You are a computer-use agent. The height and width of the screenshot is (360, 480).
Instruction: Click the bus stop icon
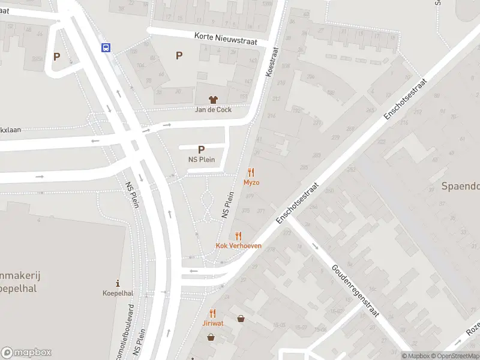pos(106,48)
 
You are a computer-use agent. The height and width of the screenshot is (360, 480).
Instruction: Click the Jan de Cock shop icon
pos(212,100)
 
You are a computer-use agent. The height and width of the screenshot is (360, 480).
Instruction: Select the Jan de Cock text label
pos(213,110)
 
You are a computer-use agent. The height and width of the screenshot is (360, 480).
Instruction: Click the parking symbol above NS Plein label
pos(201,149)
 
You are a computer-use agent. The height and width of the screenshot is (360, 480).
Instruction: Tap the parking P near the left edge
pos(57,57)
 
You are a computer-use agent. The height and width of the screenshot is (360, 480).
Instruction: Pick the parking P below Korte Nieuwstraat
pos(179,56)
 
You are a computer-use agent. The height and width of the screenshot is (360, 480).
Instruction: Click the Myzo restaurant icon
pos(251,172)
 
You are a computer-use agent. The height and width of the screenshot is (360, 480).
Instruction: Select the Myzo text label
pos(251,182)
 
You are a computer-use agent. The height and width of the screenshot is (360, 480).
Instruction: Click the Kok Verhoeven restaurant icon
pos(238,236)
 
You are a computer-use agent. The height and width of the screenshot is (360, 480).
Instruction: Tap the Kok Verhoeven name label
pos(238,246)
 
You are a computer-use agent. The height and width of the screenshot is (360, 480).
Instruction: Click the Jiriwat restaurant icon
pos(212,313)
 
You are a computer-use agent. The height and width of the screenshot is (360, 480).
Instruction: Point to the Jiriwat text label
pos(212,323)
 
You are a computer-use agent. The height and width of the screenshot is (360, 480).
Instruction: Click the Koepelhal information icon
pos(118,283)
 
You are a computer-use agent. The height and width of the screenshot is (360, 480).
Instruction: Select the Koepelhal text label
pos(118,293)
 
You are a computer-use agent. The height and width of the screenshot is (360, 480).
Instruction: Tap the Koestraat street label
pos(272,62)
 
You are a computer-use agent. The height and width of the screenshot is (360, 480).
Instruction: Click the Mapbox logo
pos(26,353)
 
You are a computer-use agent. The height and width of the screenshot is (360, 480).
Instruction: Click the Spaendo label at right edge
pos(461,186)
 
